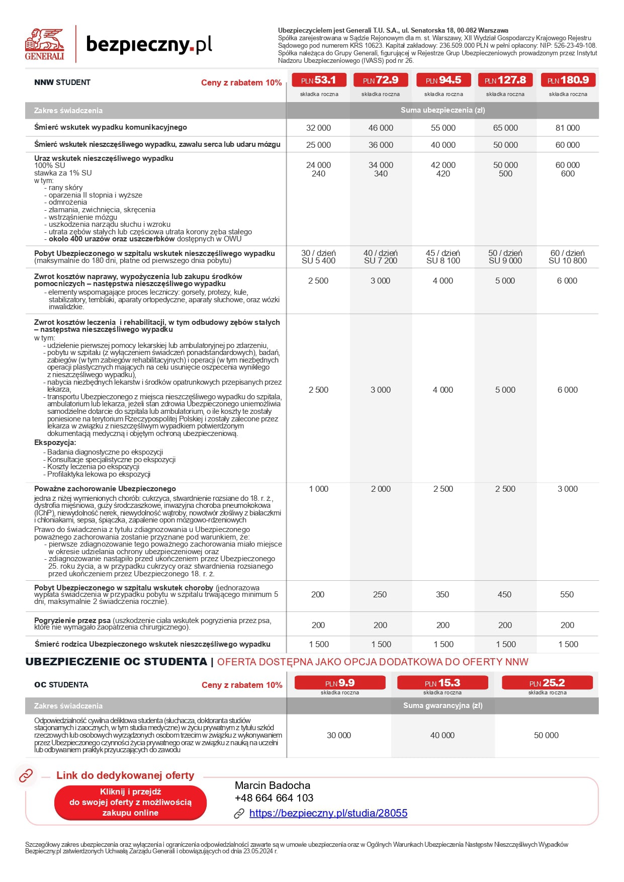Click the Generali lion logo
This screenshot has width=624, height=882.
[x=45, y=44]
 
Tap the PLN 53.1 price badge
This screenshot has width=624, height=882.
[x=319, y=80]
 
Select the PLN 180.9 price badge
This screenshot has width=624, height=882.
[x=568, y=80]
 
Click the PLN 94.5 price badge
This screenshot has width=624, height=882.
[x=443, y=80]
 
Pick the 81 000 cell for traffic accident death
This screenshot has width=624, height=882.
[x=567, y=128]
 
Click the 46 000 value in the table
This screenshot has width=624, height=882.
[x=381, y=128]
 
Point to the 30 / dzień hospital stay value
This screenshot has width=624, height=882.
[x=318, y=253]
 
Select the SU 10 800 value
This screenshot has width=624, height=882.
[x=567, y=260]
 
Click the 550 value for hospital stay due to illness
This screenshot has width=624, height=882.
[x=567, y=594]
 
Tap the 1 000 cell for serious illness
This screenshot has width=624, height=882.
[x=318, y=489]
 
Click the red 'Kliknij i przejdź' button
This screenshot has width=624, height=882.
[x=130, y=802]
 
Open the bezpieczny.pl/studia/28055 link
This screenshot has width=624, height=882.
[x=328, y=813]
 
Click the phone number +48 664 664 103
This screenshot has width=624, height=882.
[x=274, y=798]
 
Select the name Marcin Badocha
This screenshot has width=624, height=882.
[x=273, y=785]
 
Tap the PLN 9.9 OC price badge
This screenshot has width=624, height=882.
[x=340, y=683]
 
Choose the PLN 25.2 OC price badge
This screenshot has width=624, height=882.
[x=547, y=683]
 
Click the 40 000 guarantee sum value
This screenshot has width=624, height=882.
[x=442, y=735]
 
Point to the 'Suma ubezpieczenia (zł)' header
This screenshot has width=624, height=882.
[x=442, y=110]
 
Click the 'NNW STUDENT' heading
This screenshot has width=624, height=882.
[x=62, y=82]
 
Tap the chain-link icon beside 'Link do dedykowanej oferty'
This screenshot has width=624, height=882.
[x=26, y=775]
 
